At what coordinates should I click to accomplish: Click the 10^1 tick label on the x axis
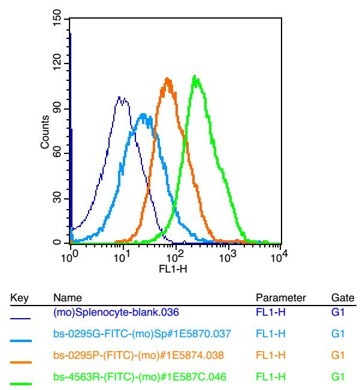click(122, 256)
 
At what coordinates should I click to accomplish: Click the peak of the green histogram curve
click(195, 76)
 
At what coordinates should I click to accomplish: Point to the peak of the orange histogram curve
click(168, 78)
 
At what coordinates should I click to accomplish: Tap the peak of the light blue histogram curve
click(143, 114)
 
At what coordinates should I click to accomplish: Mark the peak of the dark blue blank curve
click(120, 97)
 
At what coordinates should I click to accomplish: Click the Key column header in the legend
click(22, 298)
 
